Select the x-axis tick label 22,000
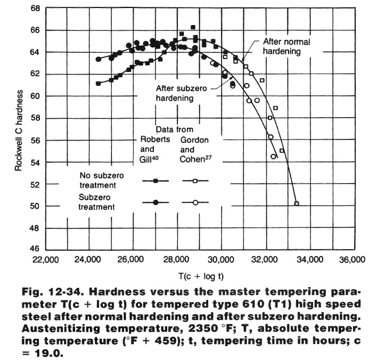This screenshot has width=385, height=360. tap(46, 260)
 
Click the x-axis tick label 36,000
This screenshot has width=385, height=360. tap(353, 260)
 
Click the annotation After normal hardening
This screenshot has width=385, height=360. tap(286, 46)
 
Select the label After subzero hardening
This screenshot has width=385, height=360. tap(181, 93)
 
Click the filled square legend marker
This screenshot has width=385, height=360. tap(155, 181)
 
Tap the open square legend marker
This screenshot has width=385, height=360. tap(195, 181)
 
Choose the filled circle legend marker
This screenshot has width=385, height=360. tap(155, 202)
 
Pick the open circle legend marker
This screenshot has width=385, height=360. tap(195, 202)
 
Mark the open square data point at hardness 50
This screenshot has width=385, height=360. tap(297, 203)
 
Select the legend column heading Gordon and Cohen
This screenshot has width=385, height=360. tap(194, 149)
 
